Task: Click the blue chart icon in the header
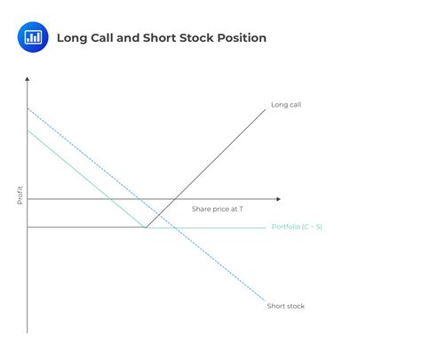pos(33,37)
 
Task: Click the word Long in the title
pos(72,38)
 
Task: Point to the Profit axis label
pos(20,195)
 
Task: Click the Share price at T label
pos(217,208)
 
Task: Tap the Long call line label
pos(285,105)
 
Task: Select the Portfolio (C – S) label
pos(296,228)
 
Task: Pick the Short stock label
pos(285,306)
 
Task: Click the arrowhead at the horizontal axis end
pos(278,199)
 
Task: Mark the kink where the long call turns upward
pos(146,228)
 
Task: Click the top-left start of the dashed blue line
pos(28,108)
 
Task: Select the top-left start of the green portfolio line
pos(28,131)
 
